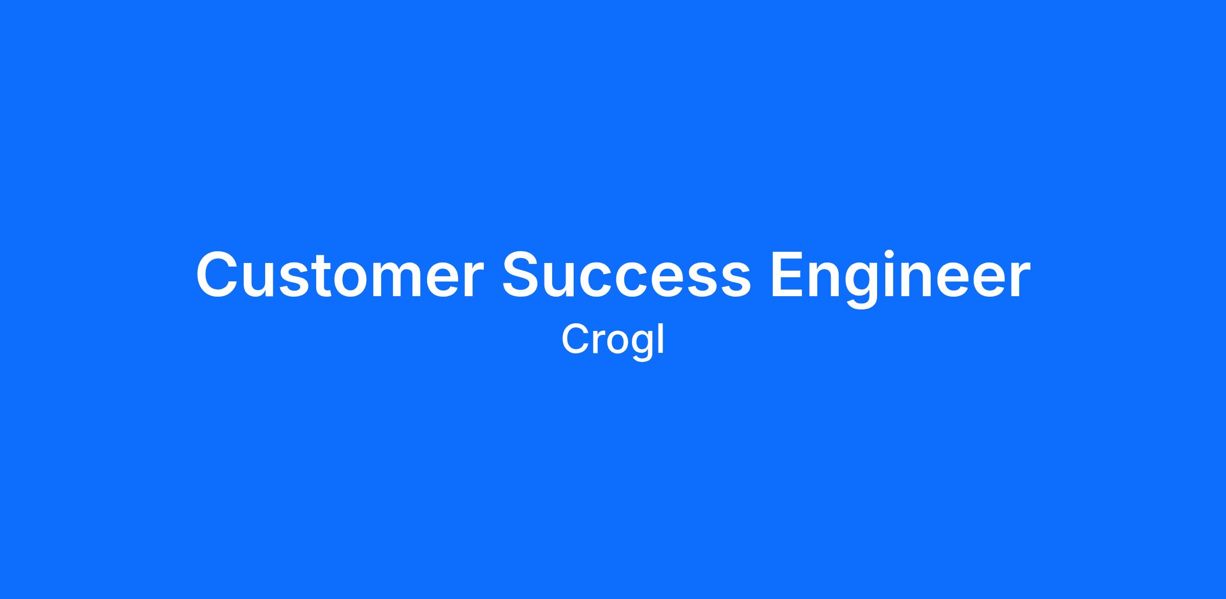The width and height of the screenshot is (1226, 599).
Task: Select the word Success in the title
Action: coord(627,274)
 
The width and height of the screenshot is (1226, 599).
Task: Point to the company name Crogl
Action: coord(612,341)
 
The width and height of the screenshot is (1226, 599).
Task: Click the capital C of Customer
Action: coord(219,274)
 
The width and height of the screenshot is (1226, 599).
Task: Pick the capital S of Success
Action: coord(524,274)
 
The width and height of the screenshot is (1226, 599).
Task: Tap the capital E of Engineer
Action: coord(788,274)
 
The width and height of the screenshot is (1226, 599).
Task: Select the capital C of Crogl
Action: coord(576,339)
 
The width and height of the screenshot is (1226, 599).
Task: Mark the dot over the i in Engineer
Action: coord(889,254)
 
